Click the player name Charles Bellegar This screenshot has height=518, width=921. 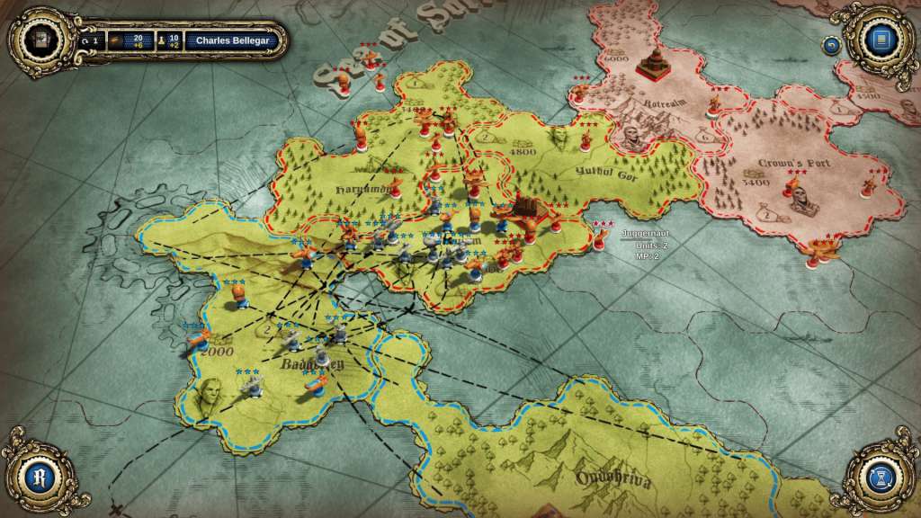pos(233,40)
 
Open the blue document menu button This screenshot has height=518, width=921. pos(878,40)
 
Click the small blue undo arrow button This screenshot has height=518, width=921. pos(831,44)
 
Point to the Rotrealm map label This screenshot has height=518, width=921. pos(663,103)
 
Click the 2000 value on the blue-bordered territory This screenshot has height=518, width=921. pos(217,351)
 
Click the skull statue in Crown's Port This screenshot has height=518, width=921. pos(801,199)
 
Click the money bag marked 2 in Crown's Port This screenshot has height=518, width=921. pos(770,213)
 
